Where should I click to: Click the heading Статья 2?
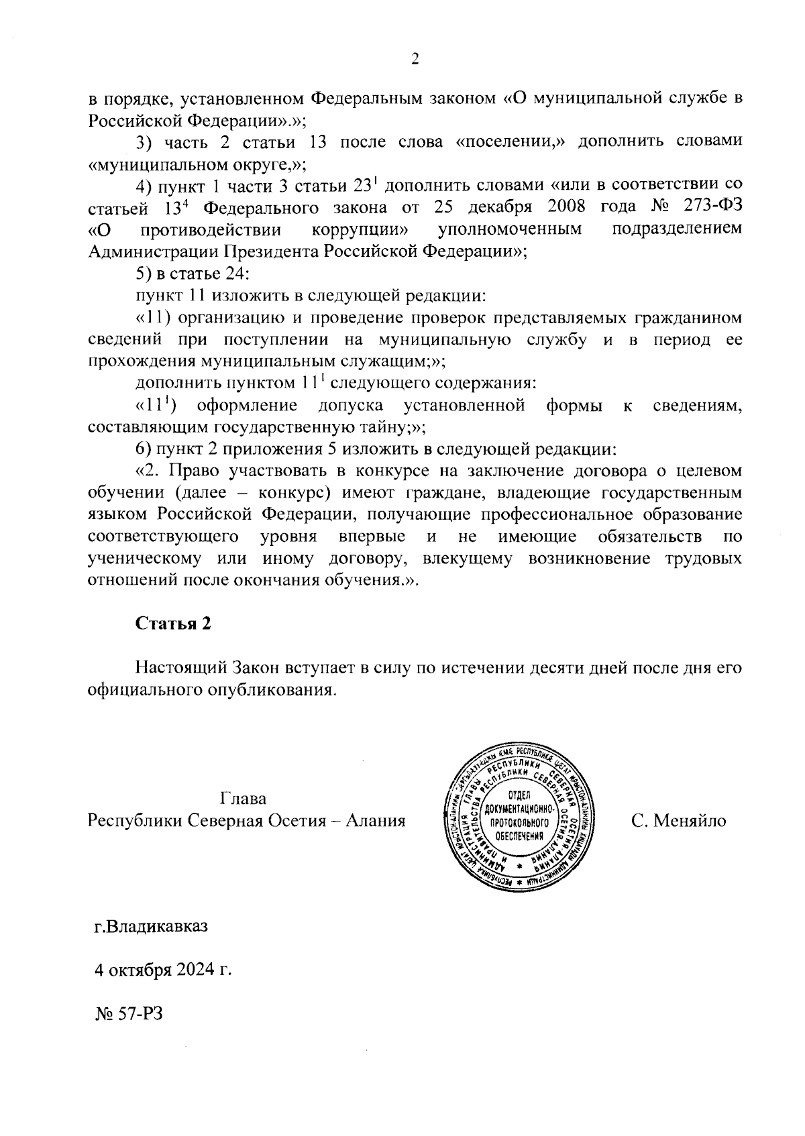174,623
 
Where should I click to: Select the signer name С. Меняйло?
678,820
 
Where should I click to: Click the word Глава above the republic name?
243,799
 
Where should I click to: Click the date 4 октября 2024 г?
163,970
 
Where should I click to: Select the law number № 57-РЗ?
129,1014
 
